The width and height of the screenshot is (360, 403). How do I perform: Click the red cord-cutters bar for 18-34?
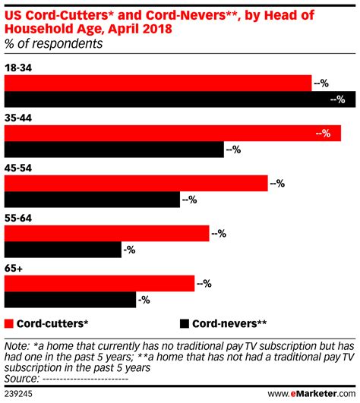[158, 83]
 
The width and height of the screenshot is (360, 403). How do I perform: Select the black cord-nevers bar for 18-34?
[179, 99]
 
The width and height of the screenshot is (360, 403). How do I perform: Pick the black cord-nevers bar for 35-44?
[115, 150]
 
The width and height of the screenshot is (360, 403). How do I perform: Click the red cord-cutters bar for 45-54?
[137, 183]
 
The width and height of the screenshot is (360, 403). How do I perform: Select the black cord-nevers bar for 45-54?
[92, 200]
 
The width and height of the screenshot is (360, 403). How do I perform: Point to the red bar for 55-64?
[107, 233]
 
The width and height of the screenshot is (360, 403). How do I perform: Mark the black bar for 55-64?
[63, 250]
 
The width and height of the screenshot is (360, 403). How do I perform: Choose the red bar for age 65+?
[99, 283]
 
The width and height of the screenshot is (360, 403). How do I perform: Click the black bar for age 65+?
[70, 300]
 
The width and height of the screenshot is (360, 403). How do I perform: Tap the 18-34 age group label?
[19, 68]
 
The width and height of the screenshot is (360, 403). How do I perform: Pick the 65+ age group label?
[14, 269]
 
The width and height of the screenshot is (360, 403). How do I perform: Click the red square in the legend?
[9, 321]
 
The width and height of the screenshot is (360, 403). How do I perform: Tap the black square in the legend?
[185, 321]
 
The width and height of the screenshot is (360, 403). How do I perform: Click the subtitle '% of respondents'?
[54, 44]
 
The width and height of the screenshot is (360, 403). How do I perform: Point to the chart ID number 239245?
[20, 393]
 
